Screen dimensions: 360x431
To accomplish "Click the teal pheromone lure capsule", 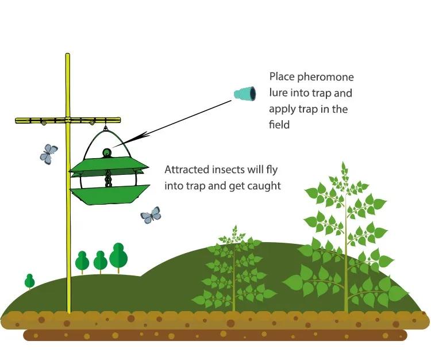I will click(x=245, y=93).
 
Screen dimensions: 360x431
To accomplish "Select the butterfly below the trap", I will click(x=151, y=215).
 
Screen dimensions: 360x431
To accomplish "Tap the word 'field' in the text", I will click(x=280, y=124).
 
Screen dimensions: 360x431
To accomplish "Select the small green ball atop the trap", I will click(x=106, y=152).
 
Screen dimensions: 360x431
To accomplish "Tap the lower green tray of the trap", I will click(x=109, y=195).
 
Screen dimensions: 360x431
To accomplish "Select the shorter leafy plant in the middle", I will click(x=234, y=270).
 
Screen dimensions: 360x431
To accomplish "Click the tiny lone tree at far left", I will click(x=29, y=281).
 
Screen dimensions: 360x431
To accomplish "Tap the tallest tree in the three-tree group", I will click(x=119, y=256).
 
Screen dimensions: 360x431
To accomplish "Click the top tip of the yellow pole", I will click(x=67, y=55).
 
